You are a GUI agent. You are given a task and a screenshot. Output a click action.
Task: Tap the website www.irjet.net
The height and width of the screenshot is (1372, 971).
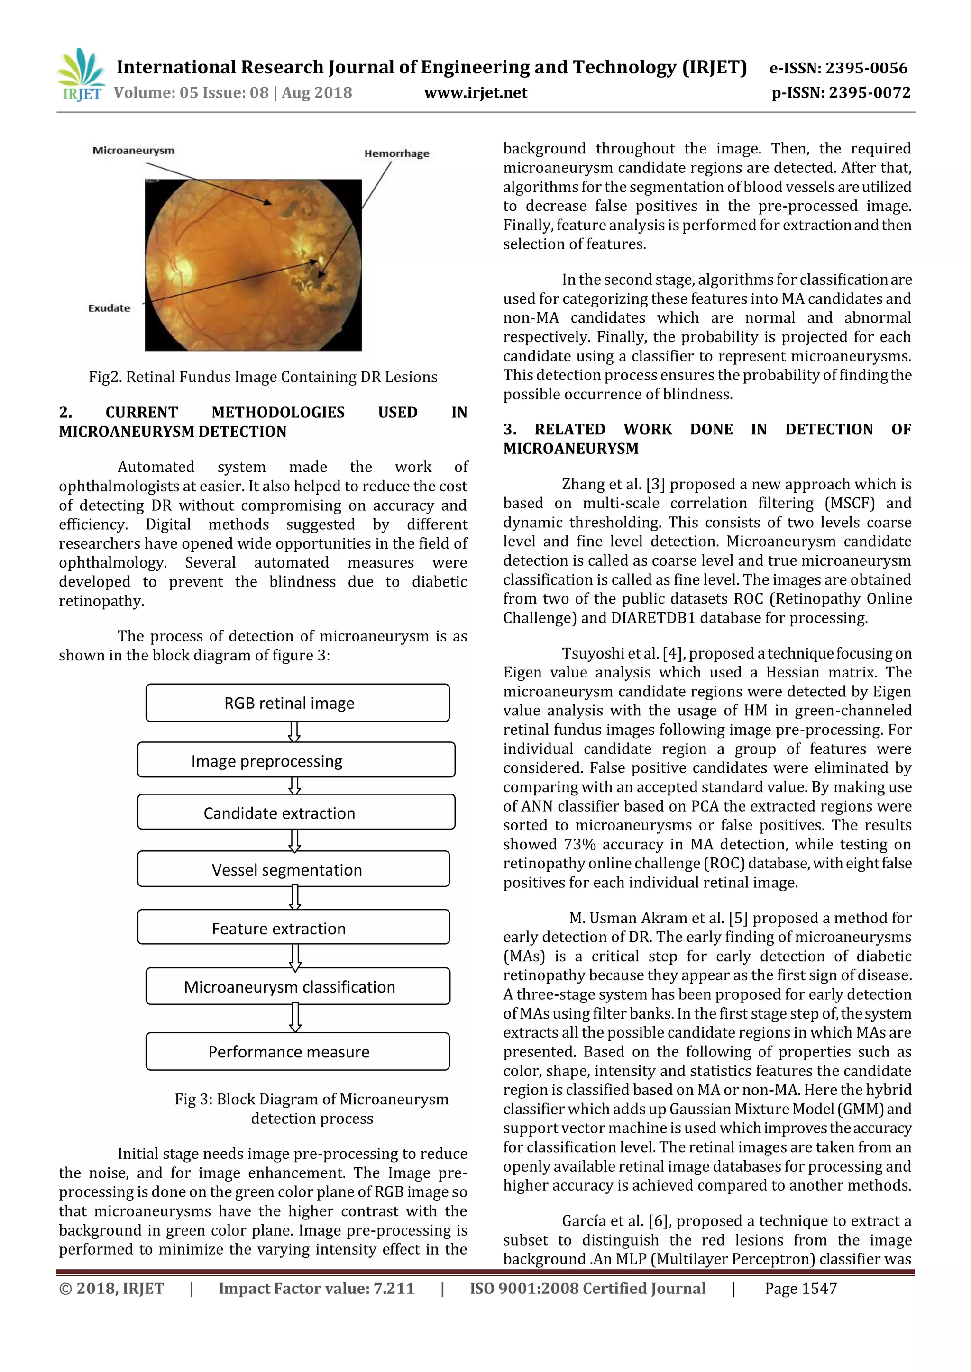tap(476, 93)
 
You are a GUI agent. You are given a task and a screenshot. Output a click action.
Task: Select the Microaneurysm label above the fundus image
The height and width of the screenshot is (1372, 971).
tap(133, 151)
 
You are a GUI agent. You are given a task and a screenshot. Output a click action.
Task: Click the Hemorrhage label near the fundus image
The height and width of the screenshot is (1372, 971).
tap(396, 153)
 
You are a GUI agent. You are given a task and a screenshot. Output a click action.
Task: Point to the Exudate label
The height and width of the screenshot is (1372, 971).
tap(109, 308)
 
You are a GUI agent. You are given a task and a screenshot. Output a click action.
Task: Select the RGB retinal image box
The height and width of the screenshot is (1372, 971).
tap(297, 703)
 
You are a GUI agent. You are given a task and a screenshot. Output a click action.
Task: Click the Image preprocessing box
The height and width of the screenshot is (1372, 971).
tap(296, 760)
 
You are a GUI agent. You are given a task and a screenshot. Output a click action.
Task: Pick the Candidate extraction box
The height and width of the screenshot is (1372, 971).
tap(296, 812)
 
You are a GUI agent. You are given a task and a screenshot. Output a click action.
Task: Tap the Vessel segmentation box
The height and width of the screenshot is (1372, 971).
tap(293, 869)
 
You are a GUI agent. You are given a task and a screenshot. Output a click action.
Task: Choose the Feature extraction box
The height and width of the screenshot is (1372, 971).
tap(293, 928)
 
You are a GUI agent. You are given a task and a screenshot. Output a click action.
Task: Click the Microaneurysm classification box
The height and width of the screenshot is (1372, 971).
tap(297, 986)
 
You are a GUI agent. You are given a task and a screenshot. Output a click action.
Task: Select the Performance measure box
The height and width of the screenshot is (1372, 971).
tap(297, 1051)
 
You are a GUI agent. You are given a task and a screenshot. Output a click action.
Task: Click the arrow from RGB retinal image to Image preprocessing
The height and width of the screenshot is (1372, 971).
tap(294, 731)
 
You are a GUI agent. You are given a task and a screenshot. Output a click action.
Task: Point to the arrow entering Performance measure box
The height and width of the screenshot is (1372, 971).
tap(295, 1018)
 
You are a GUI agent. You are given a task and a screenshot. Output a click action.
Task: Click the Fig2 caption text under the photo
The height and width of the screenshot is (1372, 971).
tap(263, 377)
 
